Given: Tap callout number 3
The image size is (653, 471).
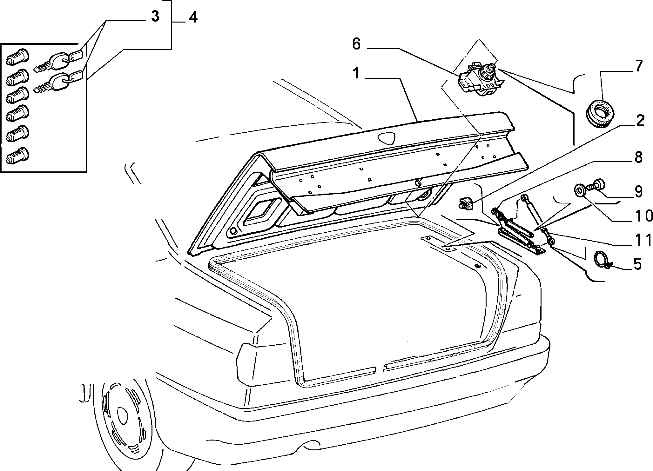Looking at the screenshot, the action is point(154,17).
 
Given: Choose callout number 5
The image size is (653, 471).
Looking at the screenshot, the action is point(636,264).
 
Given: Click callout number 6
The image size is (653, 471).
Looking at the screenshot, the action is point(356,44).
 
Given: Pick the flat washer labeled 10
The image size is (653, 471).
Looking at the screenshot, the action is point(580,191).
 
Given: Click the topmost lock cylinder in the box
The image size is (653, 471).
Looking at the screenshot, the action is point(17,57).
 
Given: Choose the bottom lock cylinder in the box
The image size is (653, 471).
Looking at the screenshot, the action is point(17,155).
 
